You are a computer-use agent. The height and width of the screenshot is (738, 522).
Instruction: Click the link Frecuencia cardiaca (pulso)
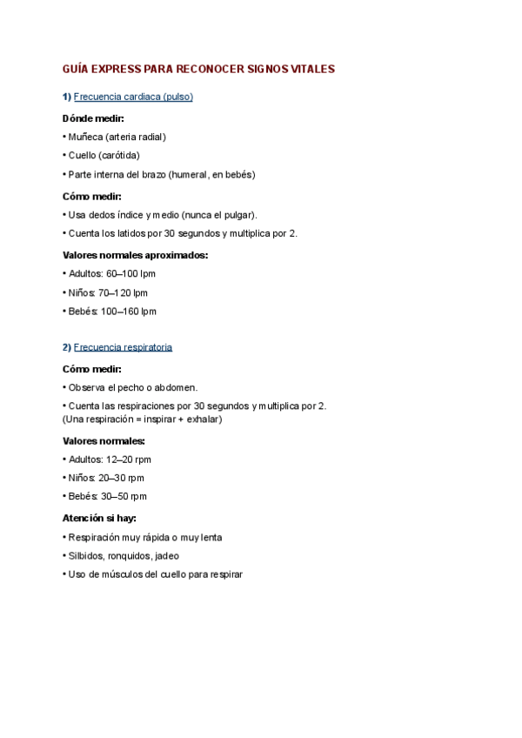point(133,97)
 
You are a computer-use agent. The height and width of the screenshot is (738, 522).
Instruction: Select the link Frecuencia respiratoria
point(123,347)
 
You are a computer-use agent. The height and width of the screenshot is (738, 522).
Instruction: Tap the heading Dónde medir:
point(93,117)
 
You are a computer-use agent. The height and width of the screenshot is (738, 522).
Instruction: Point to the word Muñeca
point(85,137)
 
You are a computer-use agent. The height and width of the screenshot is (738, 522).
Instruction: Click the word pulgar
point(239,214)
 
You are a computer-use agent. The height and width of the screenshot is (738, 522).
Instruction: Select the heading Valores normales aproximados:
point(135,255)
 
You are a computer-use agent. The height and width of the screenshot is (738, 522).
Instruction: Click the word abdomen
point(177,387)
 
